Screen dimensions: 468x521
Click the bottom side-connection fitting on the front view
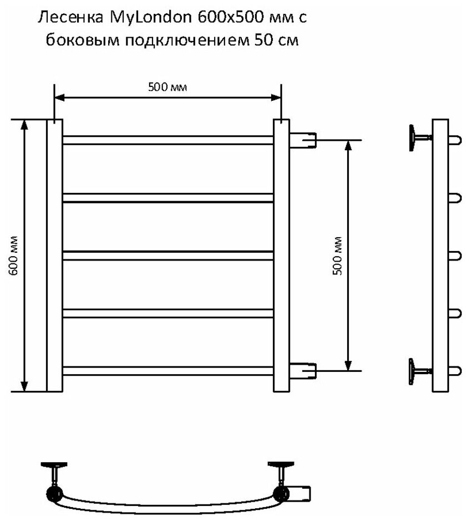click(302, 369)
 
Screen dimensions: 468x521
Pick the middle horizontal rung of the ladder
click(168, 255)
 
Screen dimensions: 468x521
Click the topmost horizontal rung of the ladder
click(168, 140)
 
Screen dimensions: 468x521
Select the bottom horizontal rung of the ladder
click(168, 370)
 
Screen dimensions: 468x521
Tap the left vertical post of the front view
click(54, 255)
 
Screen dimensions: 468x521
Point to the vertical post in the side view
click(440, 255)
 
